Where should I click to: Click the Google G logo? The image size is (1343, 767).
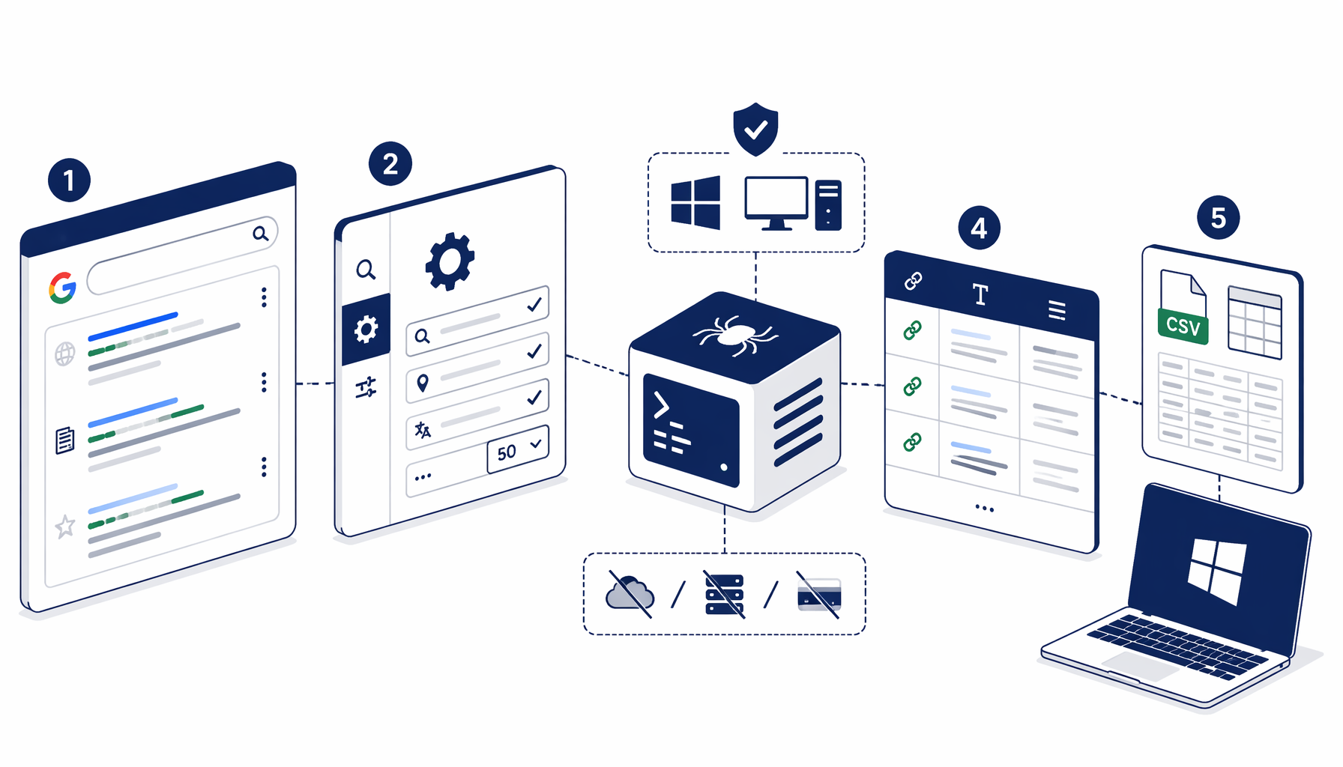pyautogui.click(x=63, y=288)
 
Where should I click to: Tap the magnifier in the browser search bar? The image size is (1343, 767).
pyautogui.click(x=260, y=234)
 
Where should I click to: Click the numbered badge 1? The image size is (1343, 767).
pyautogui.click(x=69, y=181)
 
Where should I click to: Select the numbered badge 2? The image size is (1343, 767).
pyautogui.click(x=390, y=163)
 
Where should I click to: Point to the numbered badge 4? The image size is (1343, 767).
pyautogui.click(x=980, y=228)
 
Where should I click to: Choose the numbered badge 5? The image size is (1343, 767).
pyautogui.click(x=1219, y=218)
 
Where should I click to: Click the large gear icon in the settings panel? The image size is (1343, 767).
pyautogui.click(x=450, y=261)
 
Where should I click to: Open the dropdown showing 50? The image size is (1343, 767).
pyautogui.click(x=518, y=449)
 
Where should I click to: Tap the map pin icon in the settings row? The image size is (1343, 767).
pyautogui.click(x=423, y=383)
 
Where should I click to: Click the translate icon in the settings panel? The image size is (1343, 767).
pyautogui.click(x=423, y=430)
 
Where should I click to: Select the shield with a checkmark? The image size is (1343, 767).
pyautogui.click(x=755, y=129)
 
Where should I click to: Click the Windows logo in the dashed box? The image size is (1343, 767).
pyautogui.click(x=695, y=202)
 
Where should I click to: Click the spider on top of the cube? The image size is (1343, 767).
pyautogui.click(x=734, y=335)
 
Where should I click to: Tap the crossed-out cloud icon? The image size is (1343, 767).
pyautogui.click(x=630, y=594)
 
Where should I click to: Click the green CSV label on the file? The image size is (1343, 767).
pyautogui.click(x=1183, y=327)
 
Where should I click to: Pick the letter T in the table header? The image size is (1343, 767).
pyautogui.click(x=980, y=294)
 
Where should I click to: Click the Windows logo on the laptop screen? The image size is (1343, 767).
pyautogui.click(x=1217, y=571)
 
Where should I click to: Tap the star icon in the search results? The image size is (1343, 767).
pyautogui.click(x=65, y=526)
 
